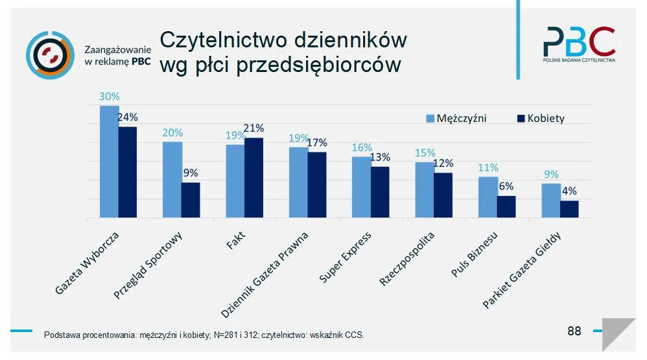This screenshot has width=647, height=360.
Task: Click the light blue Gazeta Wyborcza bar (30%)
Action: point(109,162)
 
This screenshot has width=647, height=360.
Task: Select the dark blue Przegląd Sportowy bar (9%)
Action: point(191,200)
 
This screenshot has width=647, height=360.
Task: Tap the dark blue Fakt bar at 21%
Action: point(253,178)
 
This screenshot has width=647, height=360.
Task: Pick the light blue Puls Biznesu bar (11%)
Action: point(488,197)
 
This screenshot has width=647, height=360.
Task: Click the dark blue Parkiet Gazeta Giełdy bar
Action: point(569,210)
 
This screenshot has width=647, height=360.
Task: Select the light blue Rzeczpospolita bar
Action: point(424,190)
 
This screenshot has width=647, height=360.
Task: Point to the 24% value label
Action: point(127,117)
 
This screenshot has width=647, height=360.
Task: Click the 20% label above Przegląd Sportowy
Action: point(172,132)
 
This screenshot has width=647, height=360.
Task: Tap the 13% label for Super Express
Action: point(380,157)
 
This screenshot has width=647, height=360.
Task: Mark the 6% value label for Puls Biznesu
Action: point(506,186)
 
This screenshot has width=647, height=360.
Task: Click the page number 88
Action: point(574,331)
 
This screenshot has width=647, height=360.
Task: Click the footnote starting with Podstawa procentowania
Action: point(204,335)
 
